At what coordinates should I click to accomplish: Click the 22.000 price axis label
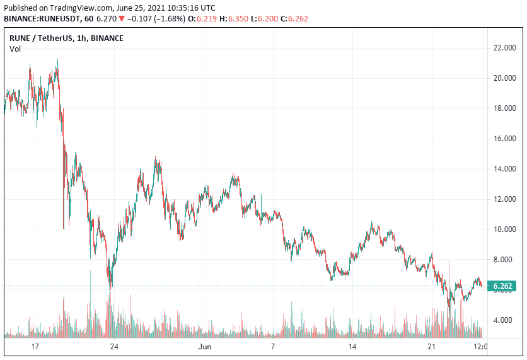click(506, 48)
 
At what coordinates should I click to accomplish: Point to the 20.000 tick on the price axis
click(506, 78)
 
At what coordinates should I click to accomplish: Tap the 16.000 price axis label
click(506, 139)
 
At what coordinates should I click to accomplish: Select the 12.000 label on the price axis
click(506, 199)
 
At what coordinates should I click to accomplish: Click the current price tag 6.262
click(504, 286)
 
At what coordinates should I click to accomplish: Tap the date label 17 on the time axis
click(35, 347)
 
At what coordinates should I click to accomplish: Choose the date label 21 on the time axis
click(431, 347)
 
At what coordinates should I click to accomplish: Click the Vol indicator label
click(14, 49)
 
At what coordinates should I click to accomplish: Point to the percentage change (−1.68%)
click(169, 18)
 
